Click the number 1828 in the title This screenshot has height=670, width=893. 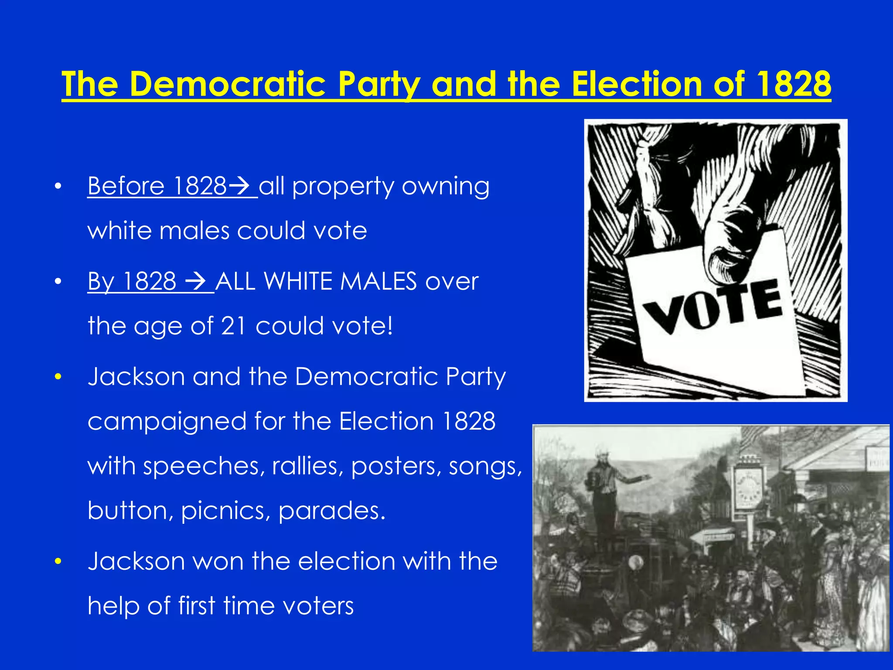(794, 84)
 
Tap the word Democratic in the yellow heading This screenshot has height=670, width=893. (228, 84)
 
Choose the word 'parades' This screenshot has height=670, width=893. (331, 510)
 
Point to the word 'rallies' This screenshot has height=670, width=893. (307, 466)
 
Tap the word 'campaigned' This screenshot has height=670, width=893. (167, 422)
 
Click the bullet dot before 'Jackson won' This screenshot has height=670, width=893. (58, 561)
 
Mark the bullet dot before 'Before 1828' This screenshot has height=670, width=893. (58, 187)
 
